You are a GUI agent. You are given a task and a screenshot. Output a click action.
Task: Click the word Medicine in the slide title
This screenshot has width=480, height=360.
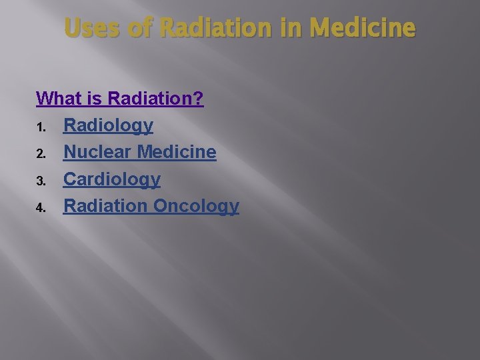(363, 28)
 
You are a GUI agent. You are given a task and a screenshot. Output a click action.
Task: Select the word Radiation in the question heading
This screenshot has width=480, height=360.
(151, 99)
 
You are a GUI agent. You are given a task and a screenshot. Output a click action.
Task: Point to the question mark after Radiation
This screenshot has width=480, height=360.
(199, 99)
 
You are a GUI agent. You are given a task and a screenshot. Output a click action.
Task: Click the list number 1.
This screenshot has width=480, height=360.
(40, 127)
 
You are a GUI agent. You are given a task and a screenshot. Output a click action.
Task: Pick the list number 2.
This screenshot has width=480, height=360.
(40, 154)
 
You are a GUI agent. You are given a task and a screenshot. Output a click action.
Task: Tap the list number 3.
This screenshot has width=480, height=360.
(40, 181)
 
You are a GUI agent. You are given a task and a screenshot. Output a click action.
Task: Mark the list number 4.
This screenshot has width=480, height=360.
(40, 207)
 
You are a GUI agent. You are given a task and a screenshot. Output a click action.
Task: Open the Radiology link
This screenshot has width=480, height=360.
(108, 125)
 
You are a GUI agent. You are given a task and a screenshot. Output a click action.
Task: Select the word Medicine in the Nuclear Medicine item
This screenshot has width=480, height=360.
(177, 152)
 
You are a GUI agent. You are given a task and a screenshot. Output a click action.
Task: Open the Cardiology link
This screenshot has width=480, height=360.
(112, 179)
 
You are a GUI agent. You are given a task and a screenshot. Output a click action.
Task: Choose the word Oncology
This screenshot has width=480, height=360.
(196, 206)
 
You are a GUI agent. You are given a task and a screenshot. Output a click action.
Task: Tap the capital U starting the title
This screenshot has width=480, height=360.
(72, 28)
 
